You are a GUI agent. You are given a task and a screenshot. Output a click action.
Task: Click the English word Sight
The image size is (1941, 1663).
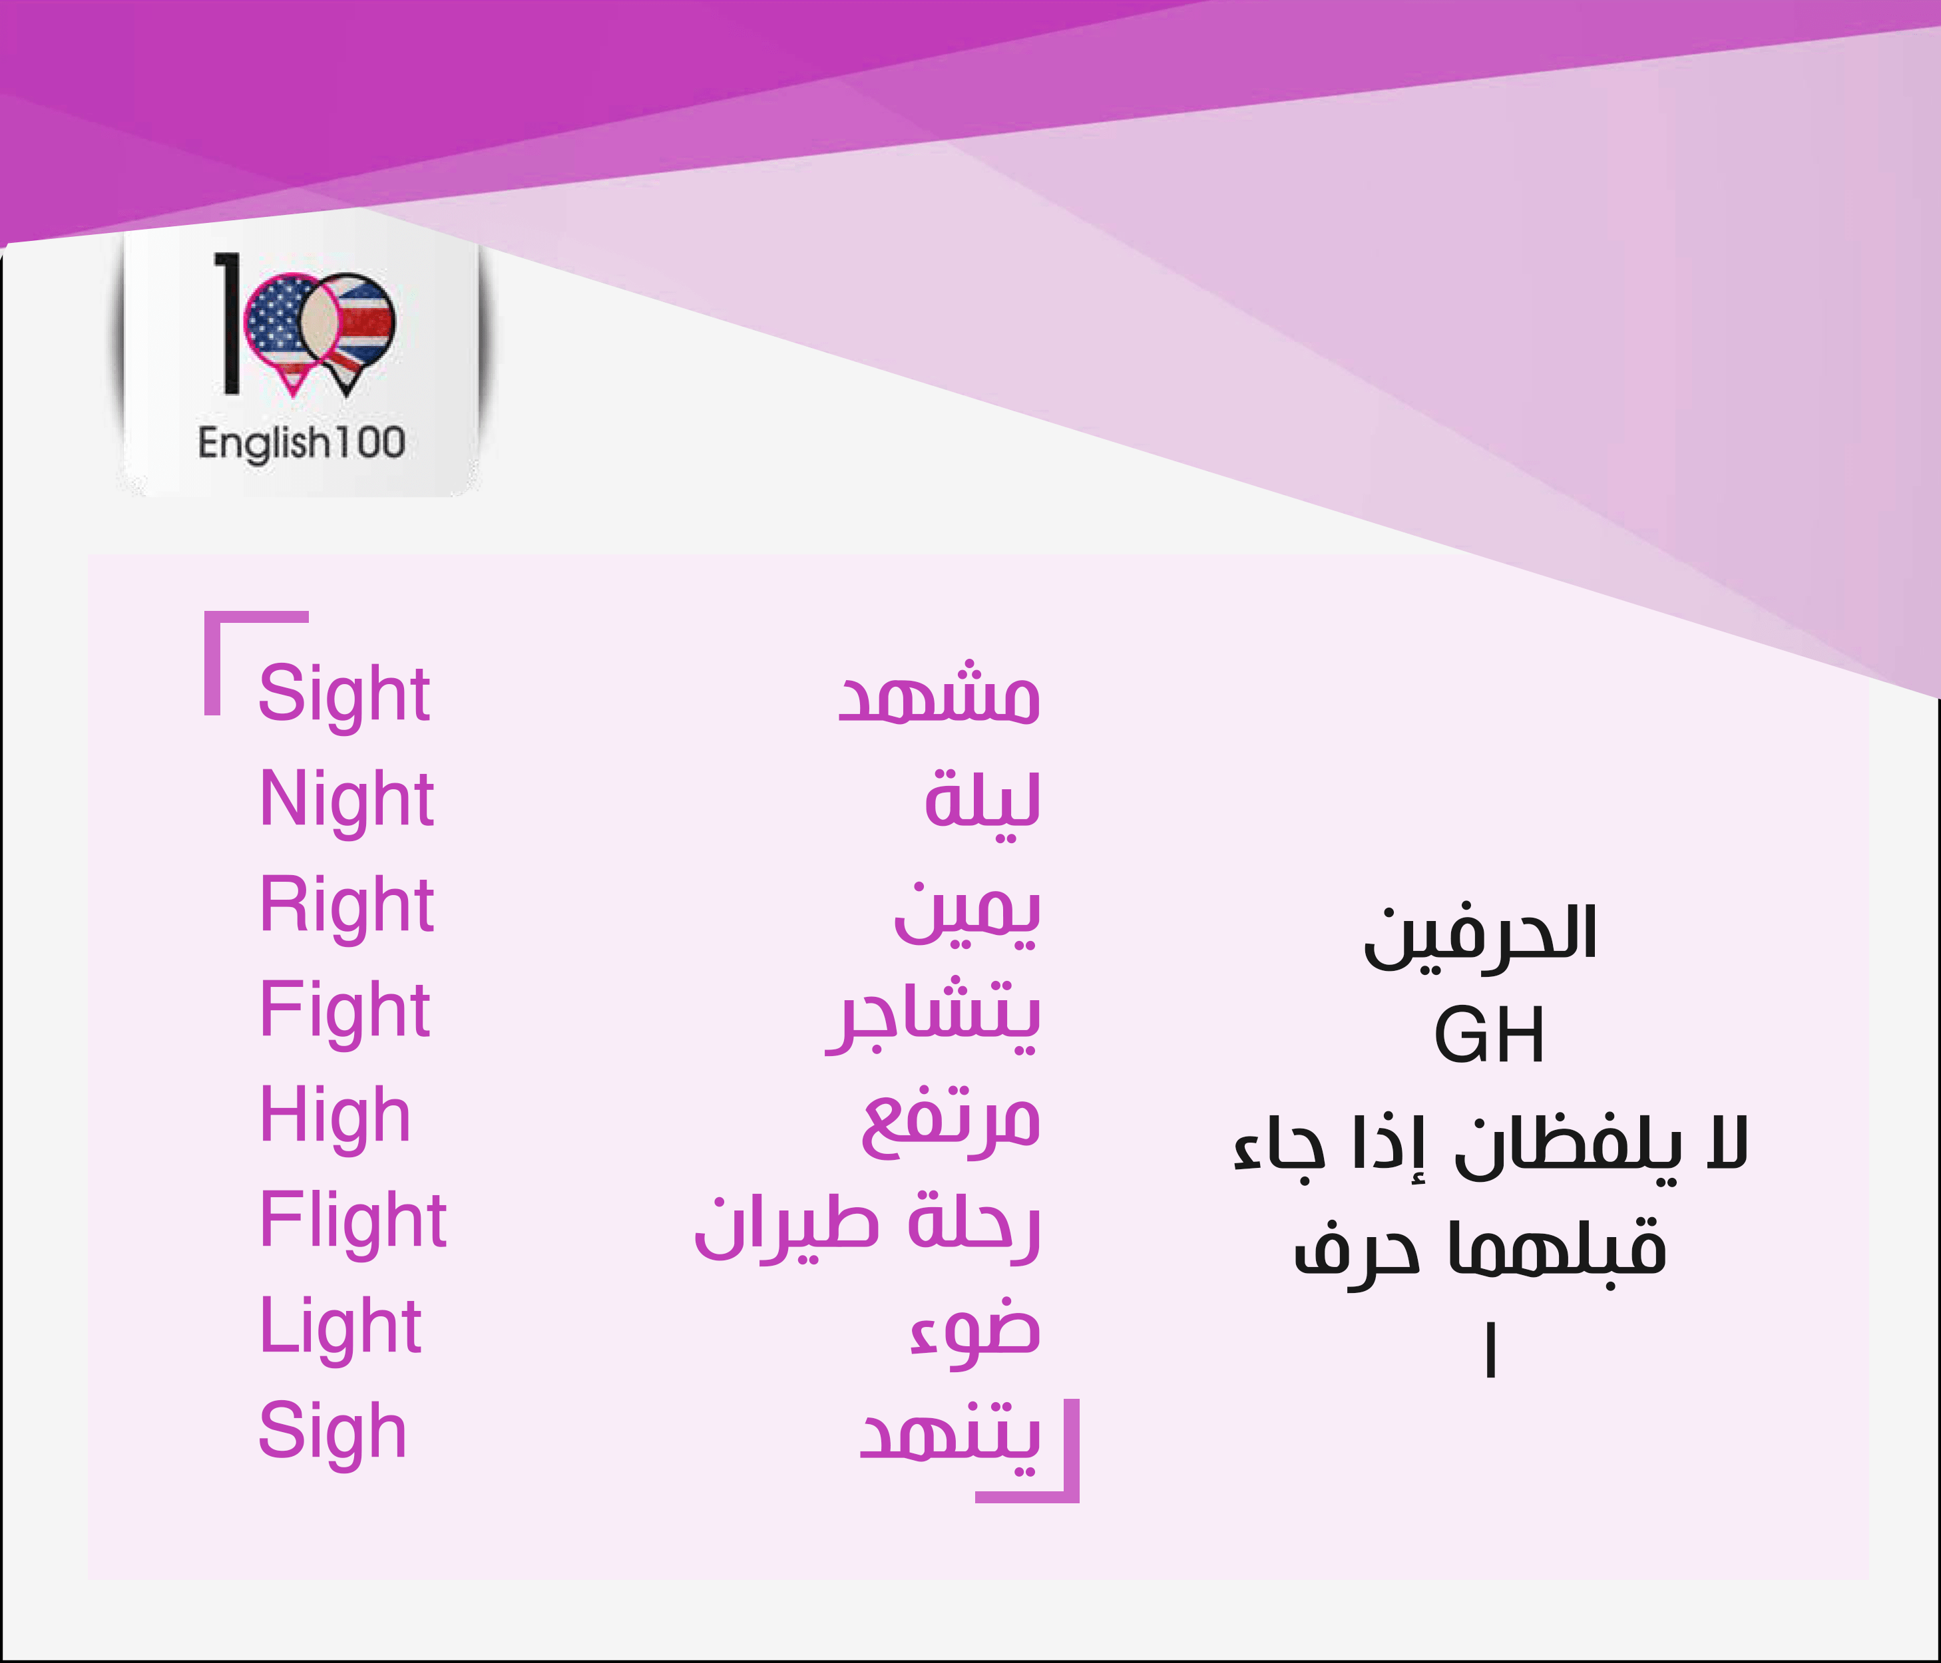pyautogui.click(x=343, y=695)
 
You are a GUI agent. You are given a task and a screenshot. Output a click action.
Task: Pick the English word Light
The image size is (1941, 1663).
pyautogui.click(x=341, y=1327)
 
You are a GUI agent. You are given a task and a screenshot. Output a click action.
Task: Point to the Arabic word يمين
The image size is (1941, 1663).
pyautogui.click(x=967, y=913)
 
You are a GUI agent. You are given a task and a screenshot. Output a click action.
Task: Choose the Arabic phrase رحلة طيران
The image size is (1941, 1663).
pyautogui.click(x=867, y=1226)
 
